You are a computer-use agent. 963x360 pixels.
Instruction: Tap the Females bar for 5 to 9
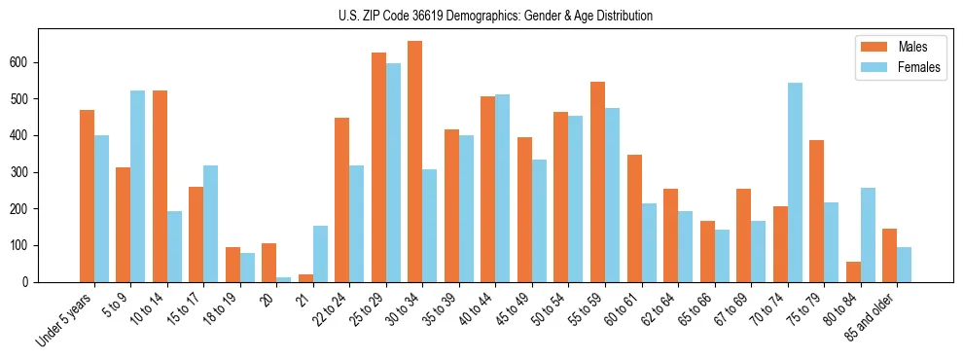(138, 186)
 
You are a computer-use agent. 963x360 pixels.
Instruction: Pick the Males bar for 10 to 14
(160, 186)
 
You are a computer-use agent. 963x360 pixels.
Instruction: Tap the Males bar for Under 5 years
(87, 196)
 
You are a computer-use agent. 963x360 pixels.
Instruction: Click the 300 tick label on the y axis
(29, 172)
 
